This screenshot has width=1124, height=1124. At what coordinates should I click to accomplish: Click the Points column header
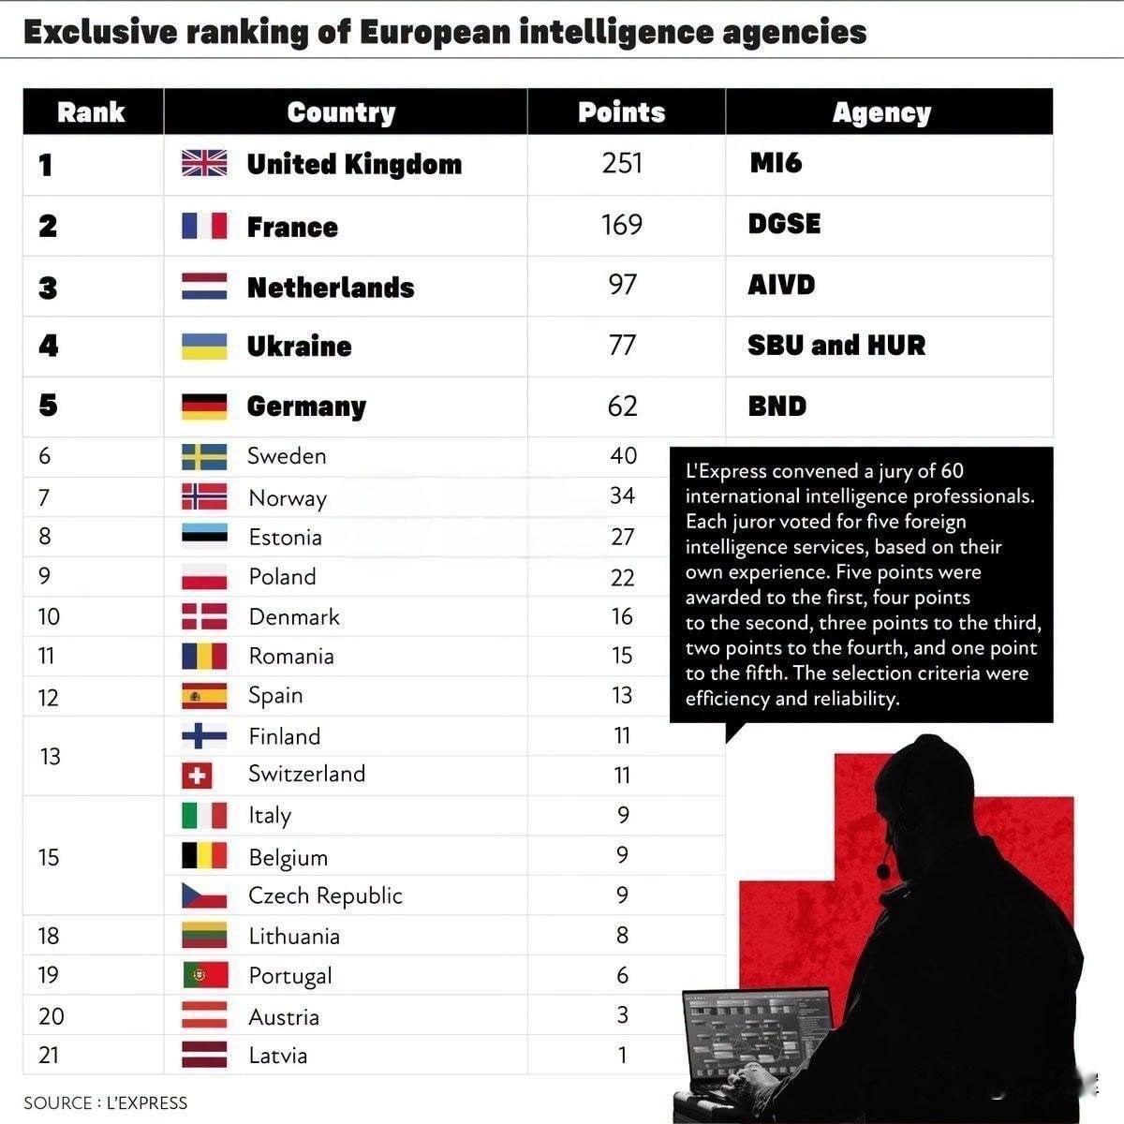(x=621, y=112)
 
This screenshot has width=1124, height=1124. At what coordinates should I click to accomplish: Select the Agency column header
(x=881, y=113)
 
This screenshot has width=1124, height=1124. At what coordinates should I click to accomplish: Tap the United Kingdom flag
(x=204, y=163)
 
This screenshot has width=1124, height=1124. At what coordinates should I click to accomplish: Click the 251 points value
(x=622, y=163)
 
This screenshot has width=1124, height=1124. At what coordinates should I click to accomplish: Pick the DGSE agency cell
(x=784, y=224)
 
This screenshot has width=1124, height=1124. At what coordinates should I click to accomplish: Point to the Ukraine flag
(x=204, y=347)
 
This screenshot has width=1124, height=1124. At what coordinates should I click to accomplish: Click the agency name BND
(x=776, y=406)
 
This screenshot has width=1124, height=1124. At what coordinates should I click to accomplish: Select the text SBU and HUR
(x=836, y=346)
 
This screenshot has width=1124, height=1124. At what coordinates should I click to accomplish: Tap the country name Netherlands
(x=331, y=288)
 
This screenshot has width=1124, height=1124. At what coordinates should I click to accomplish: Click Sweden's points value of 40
(x=623, y=455)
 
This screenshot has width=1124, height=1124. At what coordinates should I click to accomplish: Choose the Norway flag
(x=204, y=496)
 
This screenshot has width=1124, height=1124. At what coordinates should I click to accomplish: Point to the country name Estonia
(x=286, y=538)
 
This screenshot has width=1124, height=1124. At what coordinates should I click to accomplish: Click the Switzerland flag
(x=197, y=776)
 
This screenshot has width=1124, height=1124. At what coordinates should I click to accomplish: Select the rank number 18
(x=49, y=936)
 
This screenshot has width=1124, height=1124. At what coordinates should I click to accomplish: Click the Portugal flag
(x=205, y=975)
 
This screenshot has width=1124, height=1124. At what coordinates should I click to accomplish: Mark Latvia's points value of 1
(x=622, y=1055)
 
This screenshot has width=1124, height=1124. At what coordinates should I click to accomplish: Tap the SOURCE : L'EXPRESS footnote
(x=106, y=1103)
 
